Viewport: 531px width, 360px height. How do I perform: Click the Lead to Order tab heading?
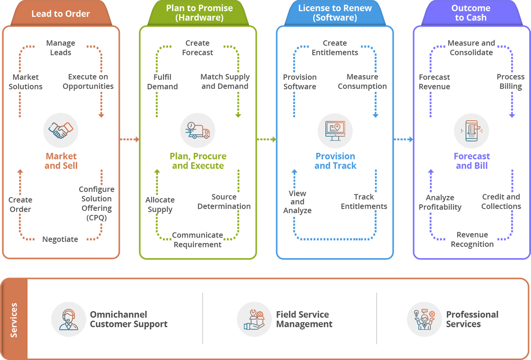click(x=61, y=14)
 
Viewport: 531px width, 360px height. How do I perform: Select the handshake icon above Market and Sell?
click(x=61, y=131)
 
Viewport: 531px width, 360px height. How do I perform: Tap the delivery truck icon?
click(x=198, y=131)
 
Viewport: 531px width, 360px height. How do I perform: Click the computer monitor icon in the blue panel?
click(x=335, y=131)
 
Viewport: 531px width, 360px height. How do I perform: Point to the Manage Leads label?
click(x=61, y=48)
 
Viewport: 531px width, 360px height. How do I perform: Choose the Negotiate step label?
click(x=60, y=239)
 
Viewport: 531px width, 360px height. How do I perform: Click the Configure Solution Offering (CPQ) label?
click(x=96, y=203)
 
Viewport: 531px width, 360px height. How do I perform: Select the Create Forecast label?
click(x=197, y=48)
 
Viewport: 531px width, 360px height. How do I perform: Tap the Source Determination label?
click(x=224, y=202)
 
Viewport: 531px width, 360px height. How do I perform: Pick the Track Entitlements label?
click(x=364, y=202)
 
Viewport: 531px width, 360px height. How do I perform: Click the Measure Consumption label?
click(x=362, y=81)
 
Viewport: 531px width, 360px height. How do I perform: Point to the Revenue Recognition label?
click(x=472, y=239)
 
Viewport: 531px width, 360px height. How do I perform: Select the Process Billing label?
click(x=511, y=81)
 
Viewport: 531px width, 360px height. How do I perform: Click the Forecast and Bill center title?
click(x=472, y=161)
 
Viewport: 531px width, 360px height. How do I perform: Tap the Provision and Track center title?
click(x=335, y=161)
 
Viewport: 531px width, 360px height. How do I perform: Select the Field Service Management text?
click(x=304, y=319)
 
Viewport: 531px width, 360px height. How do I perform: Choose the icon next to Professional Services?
click(x=425, y=319)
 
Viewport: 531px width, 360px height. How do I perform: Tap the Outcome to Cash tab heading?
click(x=470, y=13)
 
